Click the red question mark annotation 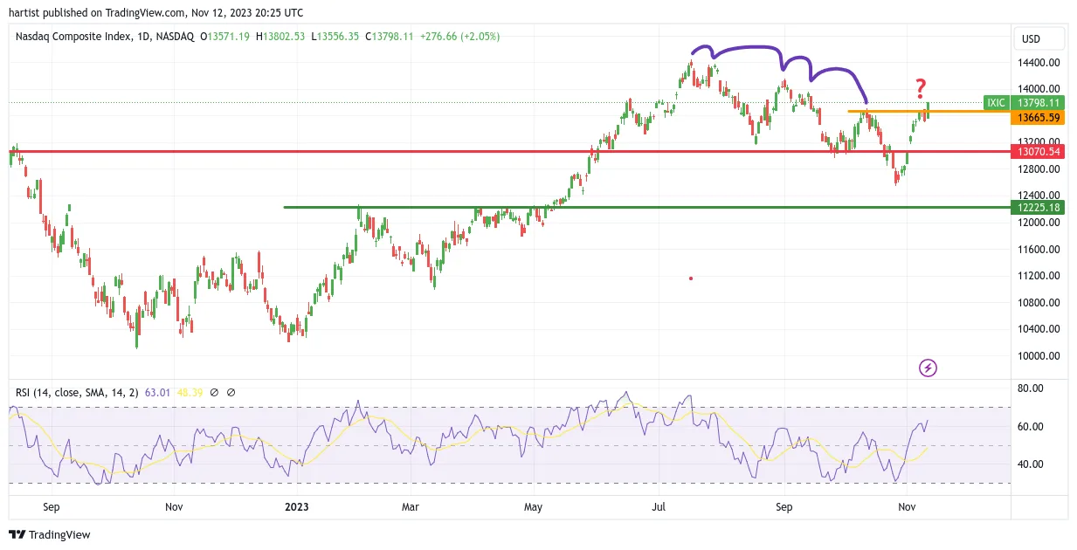click(x=921, y=88)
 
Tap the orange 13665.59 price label click(x=1038, y=118)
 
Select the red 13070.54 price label click(x=1038, y=152)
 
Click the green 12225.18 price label click(x=1038, y=208)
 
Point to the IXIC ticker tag click(x=997, y=103)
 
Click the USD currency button click(x=1031, y=39)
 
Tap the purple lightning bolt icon click(x=928, y=368)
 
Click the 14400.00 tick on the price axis click(x=1039, y=63)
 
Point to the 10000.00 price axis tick click(x=1039, y=356)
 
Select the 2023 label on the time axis click(x=297, y=507)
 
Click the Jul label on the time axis click(x=659, y=507)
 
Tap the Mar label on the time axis click(x=411, y=507)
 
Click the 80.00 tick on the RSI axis click(x=1031, y=388)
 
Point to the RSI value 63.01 click(x=158, y=393)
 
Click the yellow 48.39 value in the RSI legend click(x=190, y=393)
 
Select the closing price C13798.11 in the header click(x=389, y=37)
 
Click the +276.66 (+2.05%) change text click(x=459, y=37)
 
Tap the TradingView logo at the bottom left click(x=50, y=534)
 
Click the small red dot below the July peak click(x=691, y=278)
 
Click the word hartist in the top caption click(x=24, y=13)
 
